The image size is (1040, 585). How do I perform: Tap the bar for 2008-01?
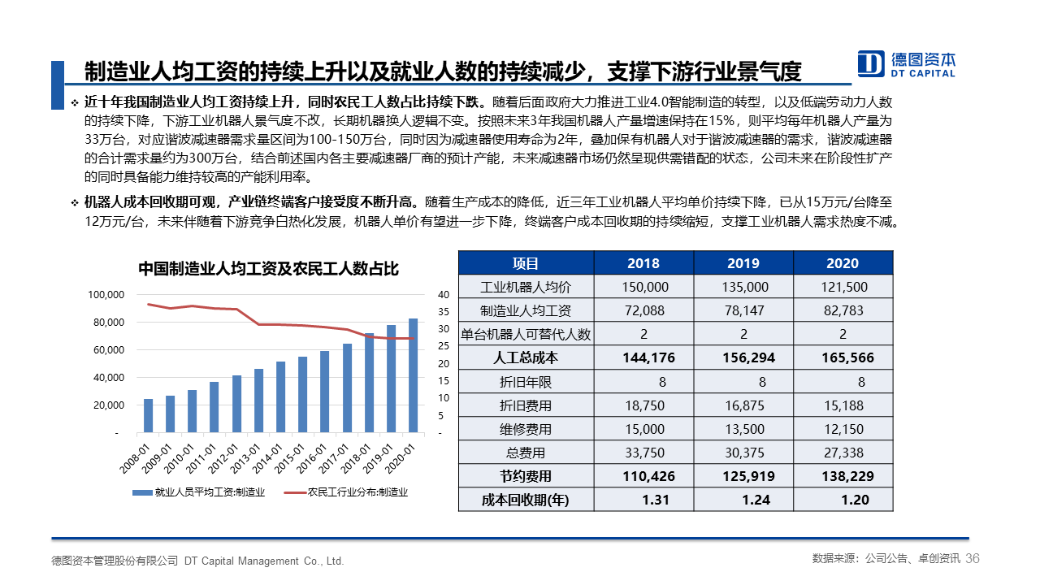[x=148, y=415]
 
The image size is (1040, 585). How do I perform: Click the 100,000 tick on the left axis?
[x=106, y=295]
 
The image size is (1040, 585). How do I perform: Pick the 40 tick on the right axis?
[x=443, y=295]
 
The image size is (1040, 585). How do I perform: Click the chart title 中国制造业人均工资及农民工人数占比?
[x=268, y=268]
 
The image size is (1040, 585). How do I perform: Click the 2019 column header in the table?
[x=743, y=263]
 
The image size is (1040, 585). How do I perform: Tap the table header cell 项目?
[x=526, y=263]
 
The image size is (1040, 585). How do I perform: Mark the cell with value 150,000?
[x=644, y=287]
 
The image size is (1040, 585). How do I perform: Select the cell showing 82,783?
[x=843, y=310]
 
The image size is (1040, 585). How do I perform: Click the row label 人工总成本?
[x=526, y=357]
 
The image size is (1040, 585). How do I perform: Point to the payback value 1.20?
[x=855, y=500]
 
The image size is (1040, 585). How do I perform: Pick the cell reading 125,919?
[x=743, y=476]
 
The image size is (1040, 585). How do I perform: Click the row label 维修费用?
[x=526, y=429]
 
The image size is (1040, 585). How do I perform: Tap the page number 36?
[x=973, y=558]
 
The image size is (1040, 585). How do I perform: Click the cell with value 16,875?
[x=743, y=405]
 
